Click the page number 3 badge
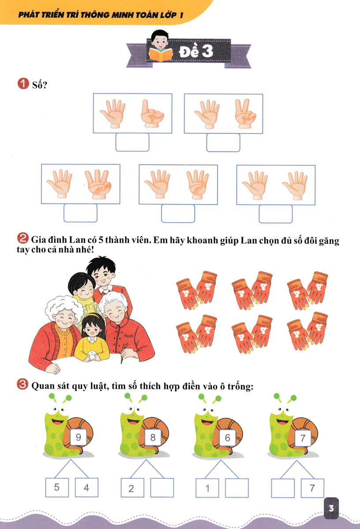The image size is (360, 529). [x=331, y=508]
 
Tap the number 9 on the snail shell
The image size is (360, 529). [x=79, y=438]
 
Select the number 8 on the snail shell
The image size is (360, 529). [x=153, y=438]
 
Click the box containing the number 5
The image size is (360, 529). [x=56, y=488]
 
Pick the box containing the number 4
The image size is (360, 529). [x=86, y=488]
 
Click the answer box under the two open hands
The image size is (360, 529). [x=275, y=213]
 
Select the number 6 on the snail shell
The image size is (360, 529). [x=227, y=438]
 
